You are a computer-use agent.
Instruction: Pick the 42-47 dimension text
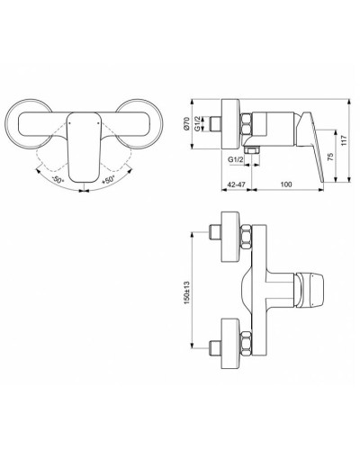[235, 184]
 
